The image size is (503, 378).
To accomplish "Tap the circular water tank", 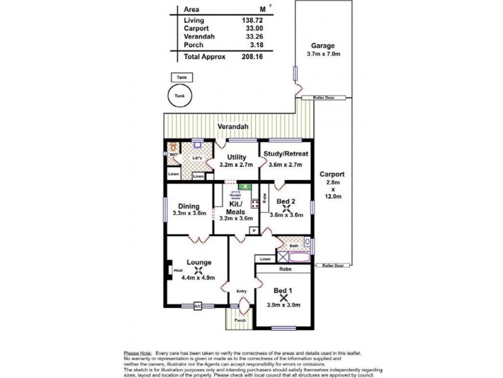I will (x=180, y=96).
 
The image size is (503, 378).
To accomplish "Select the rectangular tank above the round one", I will (x=181, y=77).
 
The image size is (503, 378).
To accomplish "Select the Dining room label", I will (x=189, y=206).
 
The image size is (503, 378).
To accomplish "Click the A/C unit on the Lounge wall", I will (x=197, y=307).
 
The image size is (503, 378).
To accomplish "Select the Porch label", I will (x=240, y=319).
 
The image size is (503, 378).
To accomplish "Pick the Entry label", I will (x=241, y=291).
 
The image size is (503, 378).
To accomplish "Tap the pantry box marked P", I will (x=254, y=231).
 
